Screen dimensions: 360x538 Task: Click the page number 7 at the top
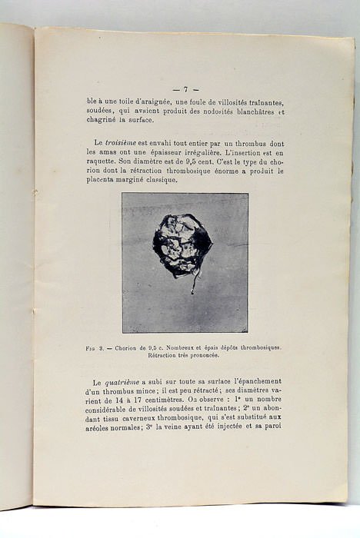185,89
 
